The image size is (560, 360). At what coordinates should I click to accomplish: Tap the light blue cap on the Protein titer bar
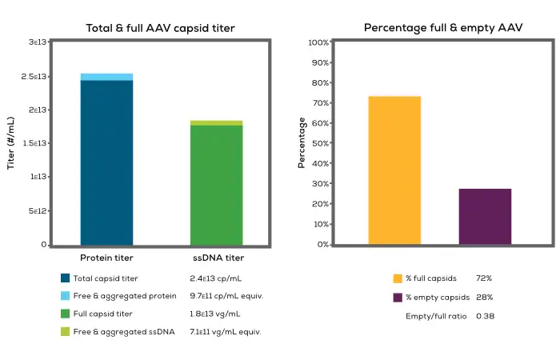(x=106, y=77)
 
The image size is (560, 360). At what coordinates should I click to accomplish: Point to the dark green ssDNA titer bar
(x=216, y=185)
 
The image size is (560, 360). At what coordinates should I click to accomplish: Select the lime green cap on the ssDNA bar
(x=216, y=122)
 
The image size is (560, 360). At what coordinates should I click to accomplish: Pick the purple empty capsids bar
(x=485, y=217)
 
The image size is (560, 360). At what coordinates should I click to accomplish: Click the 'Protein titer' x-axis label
(x=106, y=258)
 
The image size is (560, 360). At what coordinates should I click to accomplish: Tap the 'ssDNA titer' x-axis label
(x=217, y=258)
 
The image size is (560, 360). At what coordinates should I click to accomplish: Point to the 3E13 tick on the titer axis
(x=37, y=42)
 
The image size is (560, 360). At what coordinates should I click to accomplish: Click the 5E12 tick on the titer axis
(x=37, y=211)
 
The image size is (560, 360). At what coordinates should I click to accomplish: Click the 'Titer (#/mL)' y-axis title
(x=11, y=143)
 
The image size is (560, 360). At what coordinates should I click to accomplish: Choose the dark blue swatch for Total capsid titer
(x=66, y=278)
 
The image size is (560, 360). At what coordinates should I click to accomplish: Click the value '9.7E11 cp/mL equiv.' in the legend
(x=226, y=296)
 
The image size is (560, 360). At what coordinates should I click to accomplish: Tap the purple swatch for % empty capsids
(x=398, y=298)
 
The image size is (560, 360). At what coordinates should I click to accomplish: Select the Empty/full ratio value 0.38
(x=485, y=316)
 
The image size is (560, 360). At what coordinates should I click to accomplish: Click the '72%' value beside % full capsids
(x=484, y=278)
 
